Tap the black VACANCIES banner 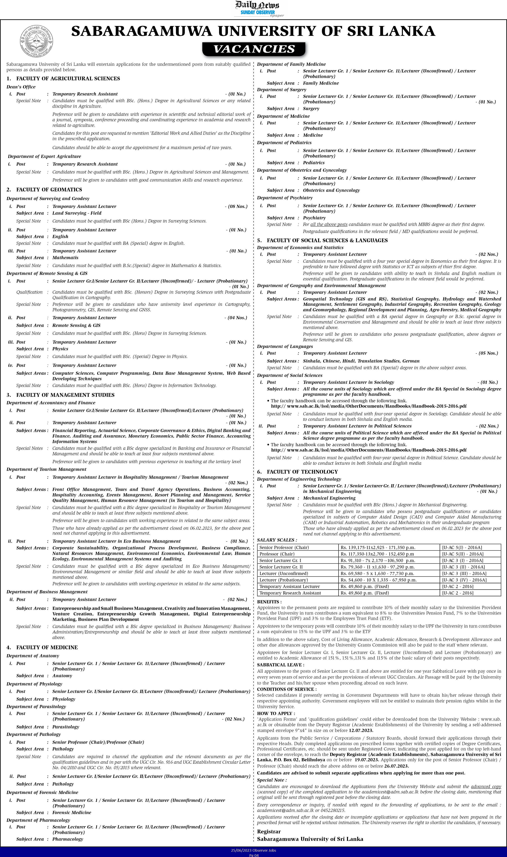(x=254, y=49)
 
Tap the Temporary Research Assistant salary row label (x=290, y=593)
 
